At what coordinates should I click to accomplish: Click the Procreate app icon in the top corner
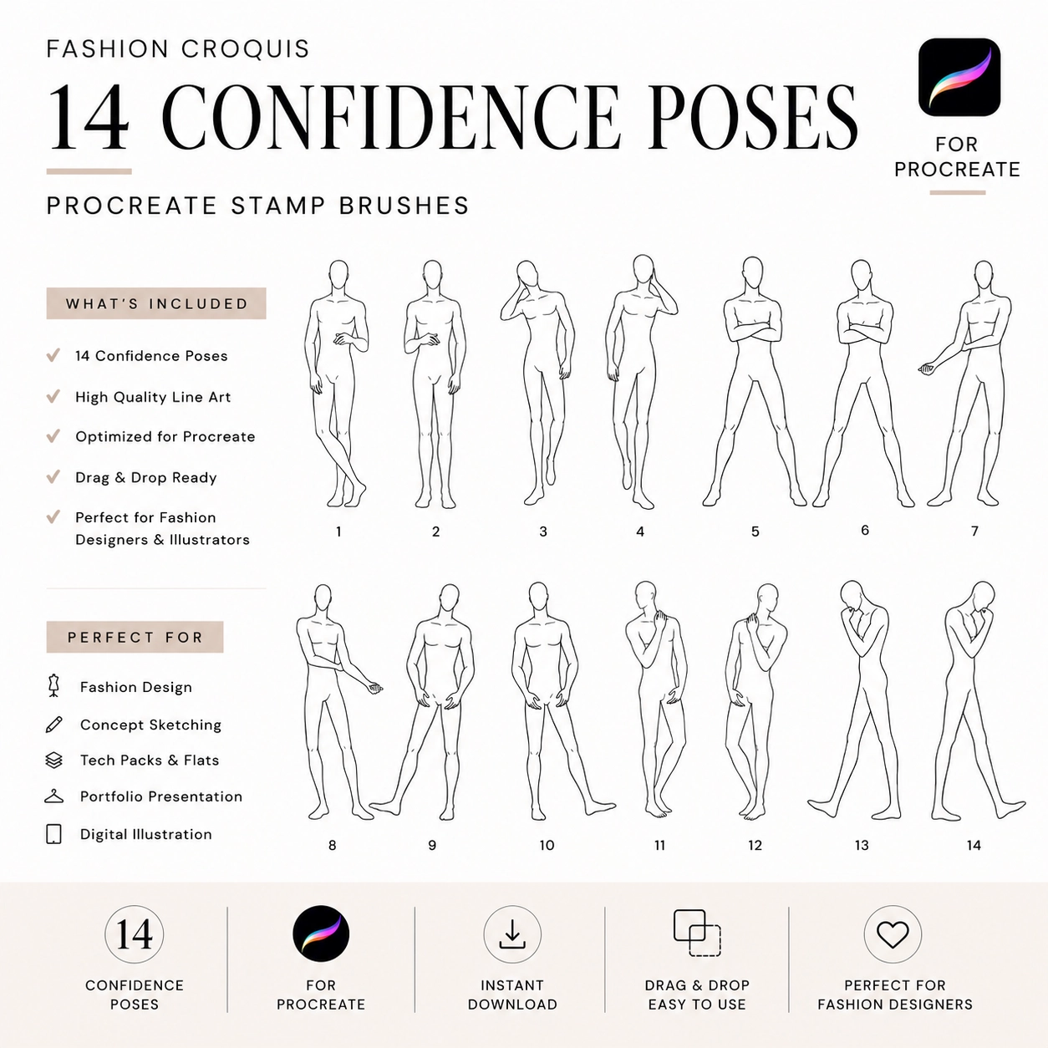[x=959, y=77]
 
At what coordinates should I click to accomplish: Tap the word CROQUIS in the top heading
[x=245, y=49]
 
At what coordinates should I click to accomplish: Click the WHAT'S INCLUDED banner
[x=156, y=303]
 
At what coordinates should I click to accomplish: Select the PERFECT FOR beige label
[x=135, y=637]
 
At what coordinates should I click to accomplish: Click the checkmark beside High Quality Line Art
[x=53, y=396]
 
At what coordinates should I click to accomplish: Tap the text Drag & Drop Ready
[x=145, y=477]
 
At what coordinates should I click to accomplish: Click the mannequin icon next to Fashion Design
[x=53, y=686]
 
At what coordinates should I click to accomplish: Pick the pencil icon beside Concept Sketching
[x=53, y=725]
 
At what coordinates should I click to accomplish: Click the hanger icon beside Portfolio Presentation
[x=53, y=796]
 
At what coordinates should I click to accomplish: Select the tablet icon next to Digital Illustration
[x=53, y=834]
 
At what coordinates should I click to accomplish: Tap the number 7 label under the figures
[x=974, y=531]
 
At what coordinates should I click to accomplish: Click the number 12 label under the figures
[x=755, y=845]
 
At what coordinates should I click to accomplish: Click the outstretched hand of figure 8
[x=374, y=688]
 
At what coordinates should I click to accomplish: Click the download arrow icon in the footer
[x=511, y=934]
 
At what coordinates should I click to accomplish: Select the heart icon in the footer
[x=893, y=934]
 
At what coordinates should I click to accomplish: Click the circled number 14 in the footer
[x=134, y=934]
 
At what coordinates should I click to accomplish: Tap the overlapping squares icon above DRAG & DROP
[x=697, y=933]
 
